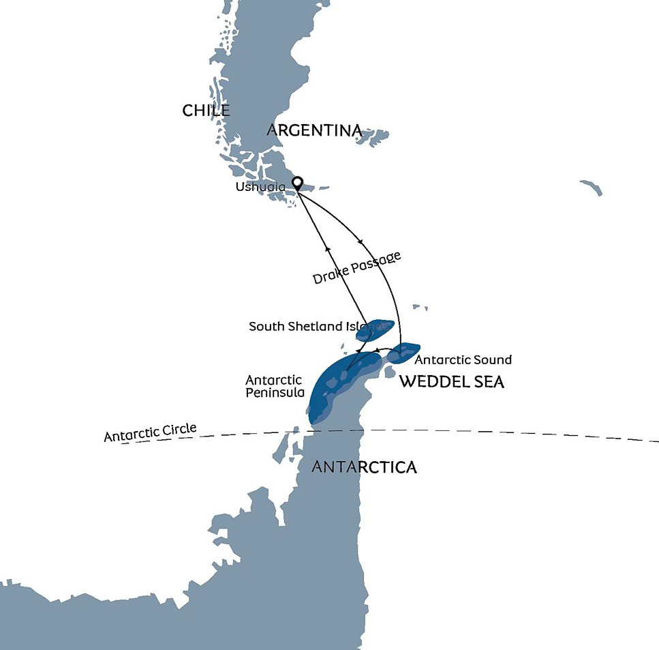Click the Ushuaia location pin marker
[x=297, y=183]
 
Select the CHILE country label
[x=206, y=110]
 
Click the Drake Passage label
[x=356, y=268]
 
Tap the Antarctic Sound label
[x=463, y=359]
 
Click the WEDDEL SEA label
[x=451, y=381]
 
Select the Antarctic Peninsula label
[x=275, y=386]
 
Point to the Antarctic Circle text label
[x=150, y=432]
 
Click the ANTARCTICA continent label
[x=364, y=467]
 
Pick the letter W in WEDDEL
[x=408, y=381]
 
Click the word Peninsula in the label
[x=275, y=393]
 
